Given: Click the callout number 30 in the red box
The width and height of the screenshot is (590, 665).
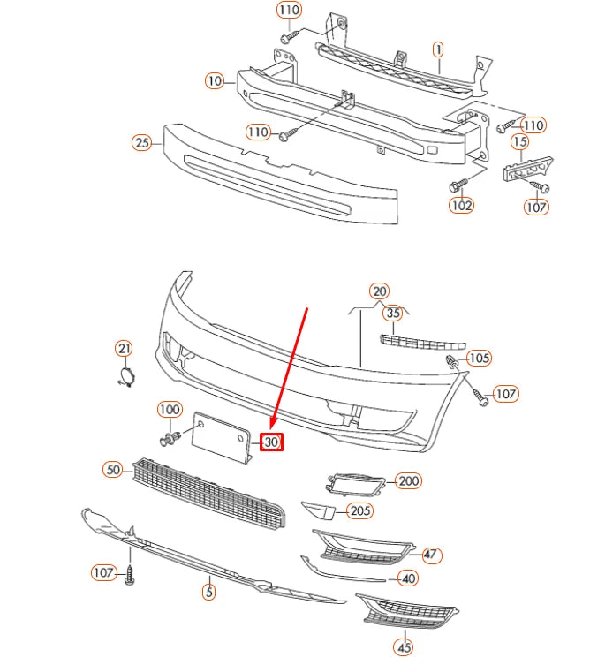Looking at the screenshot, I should [x=271, y=442].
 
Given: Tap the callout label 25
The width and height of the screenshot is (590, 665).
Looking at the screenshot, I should [x=141, y=142].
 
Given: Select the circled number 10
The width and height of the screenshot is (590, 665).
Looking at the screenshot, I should [x=215, y=80].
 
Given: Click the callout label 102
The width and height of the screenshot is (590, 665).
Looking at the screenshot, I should [x=461, y=206].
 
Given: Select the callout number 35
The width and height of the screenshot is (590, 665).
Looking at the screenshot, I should [x=393, y=313].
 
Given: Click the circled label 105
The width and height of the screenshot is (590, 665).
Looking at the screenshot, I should [x=479, y=358].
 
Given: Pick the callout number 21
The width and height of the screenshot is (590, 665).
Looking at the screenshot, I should [x=125, y=349].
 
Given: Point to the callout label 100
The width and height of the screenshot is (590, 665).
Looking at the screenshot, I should [x=170, y=410].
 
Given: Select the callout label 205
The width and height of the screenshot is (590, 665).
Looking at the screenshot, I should [x=359, y=510].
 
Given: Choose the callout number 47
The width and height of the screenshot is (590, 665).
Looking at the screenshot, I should [x=430, y=555].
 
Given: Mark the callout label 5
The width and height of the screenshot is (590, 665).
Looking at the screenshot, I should [x=208, y=592].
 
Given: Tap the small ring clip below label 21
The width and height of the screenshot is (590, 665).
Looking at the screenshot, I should [x=125, y=379].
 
